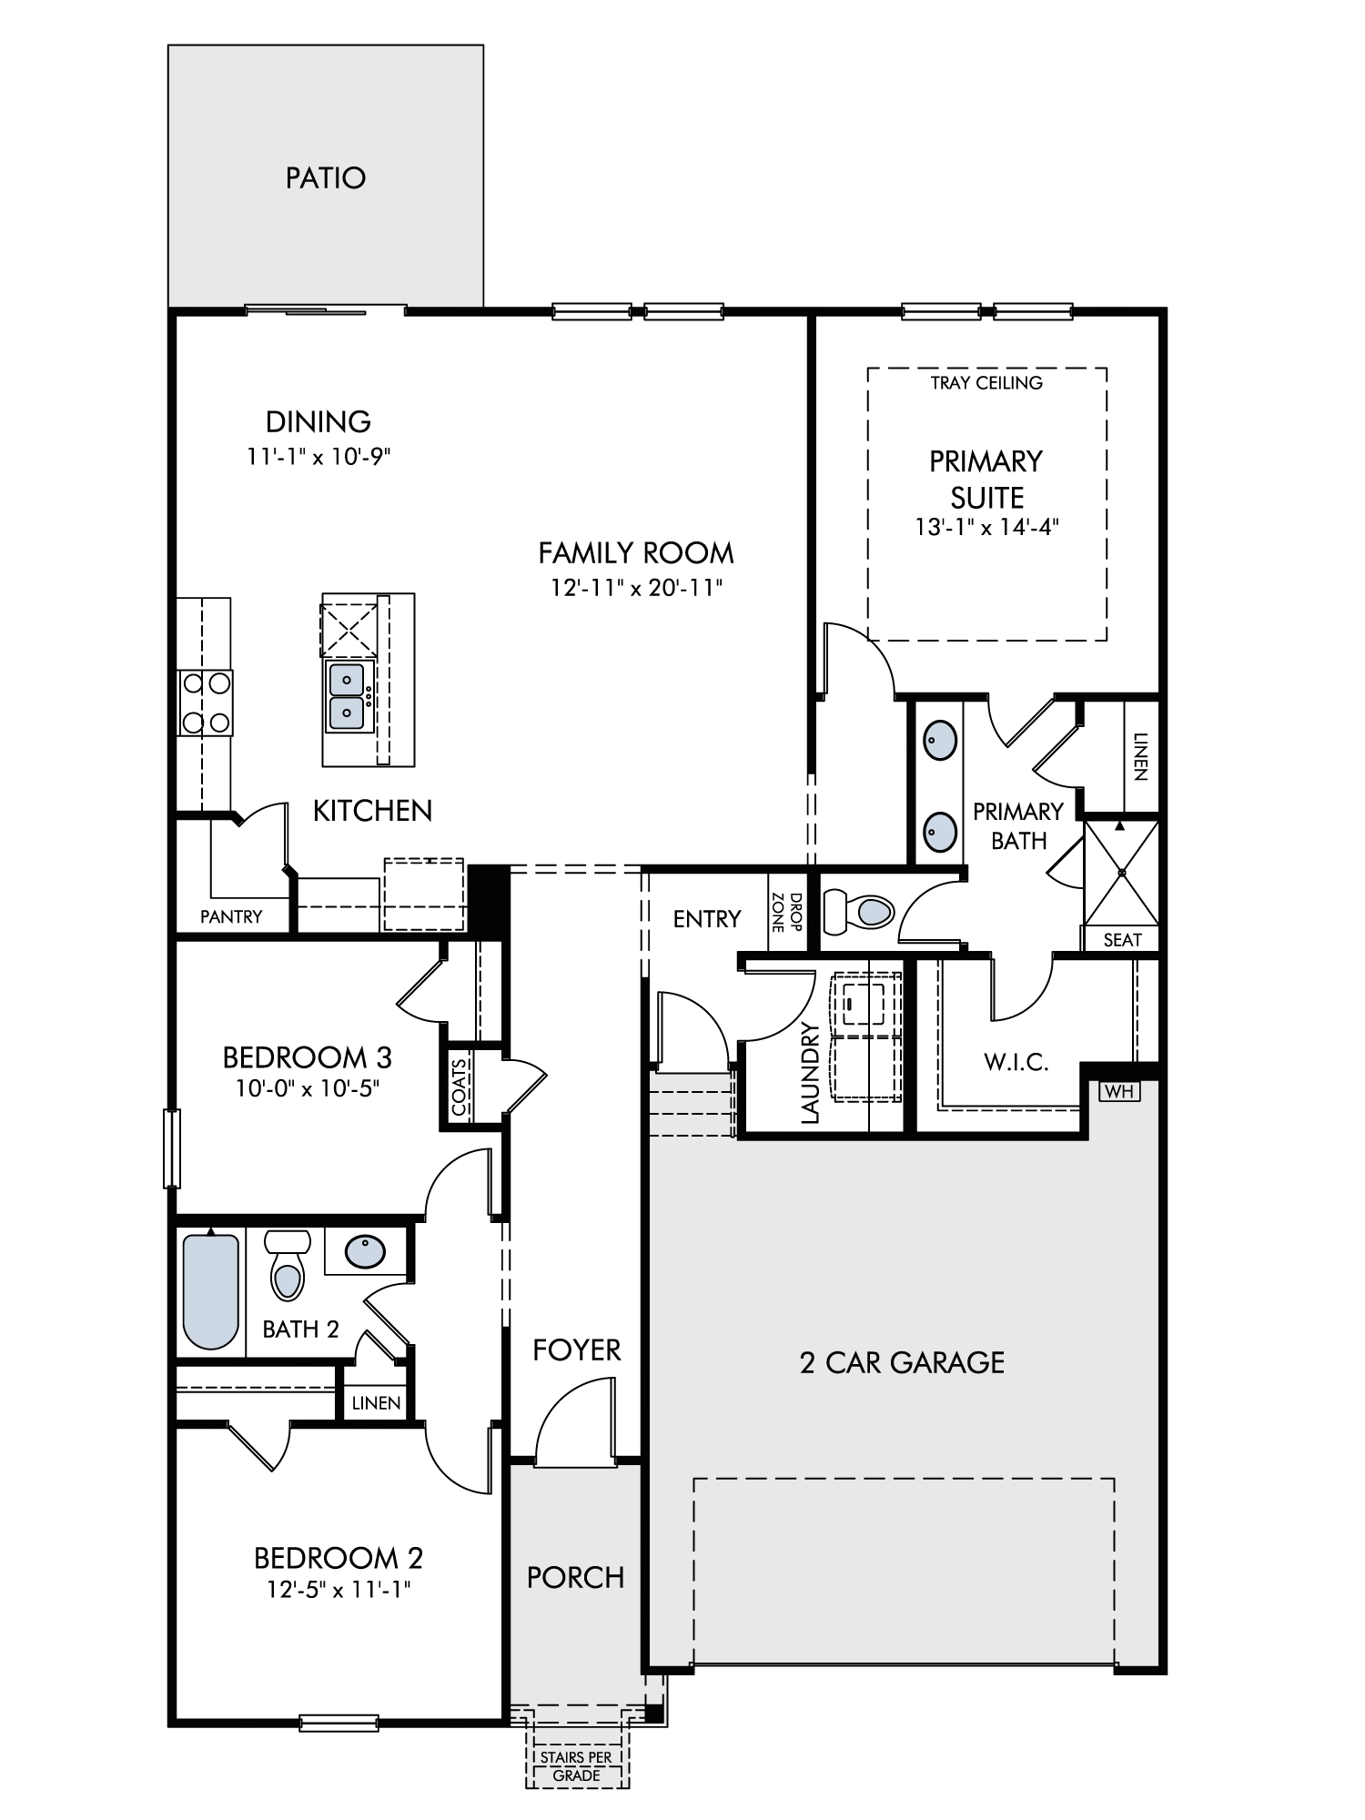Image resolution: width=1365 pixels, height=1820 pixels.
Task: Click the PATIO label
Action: click(x=326, y=177)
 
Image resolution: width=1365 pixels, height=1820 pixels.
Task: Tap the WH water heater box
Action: click(x=1119, y=1090)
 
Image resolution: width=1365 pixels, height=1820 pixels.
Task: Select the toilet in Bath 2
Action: click(x=288, y=1266)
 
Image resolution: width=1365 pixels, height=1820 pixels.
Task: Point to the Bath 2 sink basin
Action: click(x=366, y=1251)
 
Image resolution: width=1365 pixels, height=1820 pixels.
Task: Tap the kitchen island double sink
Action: click(x=347, y=696)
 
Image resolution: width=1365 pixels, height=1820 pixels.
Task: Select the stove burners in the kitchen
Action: click(x=206, y=703)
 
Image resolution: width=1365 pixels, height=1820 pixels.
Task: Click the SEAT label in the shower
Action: click(x=1122, y=940)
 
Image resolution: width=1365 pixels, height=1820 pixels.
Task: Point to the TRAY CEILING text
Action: click(x=986, y=383)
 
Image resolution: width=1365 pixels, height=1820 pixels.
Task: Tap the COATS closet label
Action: click(x=460, y=1087)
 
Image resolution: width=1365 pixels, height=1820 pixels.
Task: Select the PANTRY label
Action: click(x=231, y=917)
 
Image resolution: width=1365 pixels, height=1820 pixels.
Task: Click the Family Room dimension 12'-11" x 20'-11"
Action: click(x=636, y=588)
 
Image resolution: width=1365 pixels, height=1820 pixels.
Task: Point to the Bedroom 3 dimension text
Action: click(x=308, y=1088)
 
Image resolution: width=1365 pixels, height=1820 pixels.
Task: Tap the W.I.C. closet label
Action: click(x=1016, y=1062)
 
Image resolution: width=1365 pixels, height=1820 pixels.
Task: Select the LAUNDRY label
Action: click(x=811, y=1073)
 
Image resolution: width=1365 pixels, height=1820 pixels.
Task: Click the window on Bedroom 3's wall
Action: click(x=172, y=1148)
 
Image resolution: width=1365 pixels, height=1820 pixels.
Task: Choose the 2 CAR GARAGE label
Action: click(x=903, y=1362)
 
